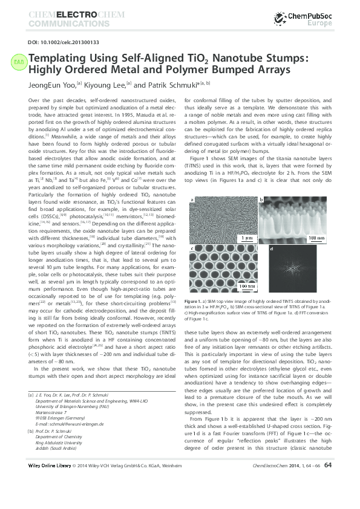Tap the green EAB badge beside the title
click(x=18, y=61)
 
